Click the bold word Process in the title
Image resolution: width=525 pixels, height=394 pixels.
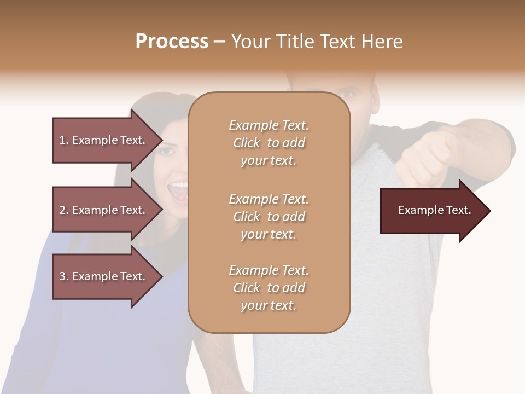pos(172,42)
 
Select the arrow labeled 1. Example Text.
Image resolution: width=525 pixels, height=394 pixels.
pos(104,140)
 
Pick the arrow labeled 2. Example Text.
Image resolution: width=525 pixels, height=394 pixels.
pos(104,210)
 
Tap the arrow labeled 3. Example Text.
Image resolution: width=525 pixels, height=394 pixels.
pos(104,276)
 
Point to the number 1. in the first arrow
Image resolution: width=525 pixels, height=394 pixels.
pos(64,140)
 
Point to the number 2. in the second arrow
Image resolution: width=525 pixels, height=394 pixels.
pos(64,210)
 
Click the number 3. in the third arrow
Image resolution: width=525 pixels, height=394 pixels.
pos(64,276)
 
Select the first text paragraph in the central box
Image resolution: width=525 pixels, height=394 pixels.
pos(269,143)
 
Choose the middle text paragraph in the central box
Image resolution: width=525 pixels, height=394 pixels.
pos(269,217)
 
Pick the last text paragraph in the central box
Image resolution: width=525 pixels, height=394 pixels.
pos(269,288)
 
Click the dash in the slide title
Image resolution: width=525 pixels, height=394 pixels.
pos(219,42)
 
